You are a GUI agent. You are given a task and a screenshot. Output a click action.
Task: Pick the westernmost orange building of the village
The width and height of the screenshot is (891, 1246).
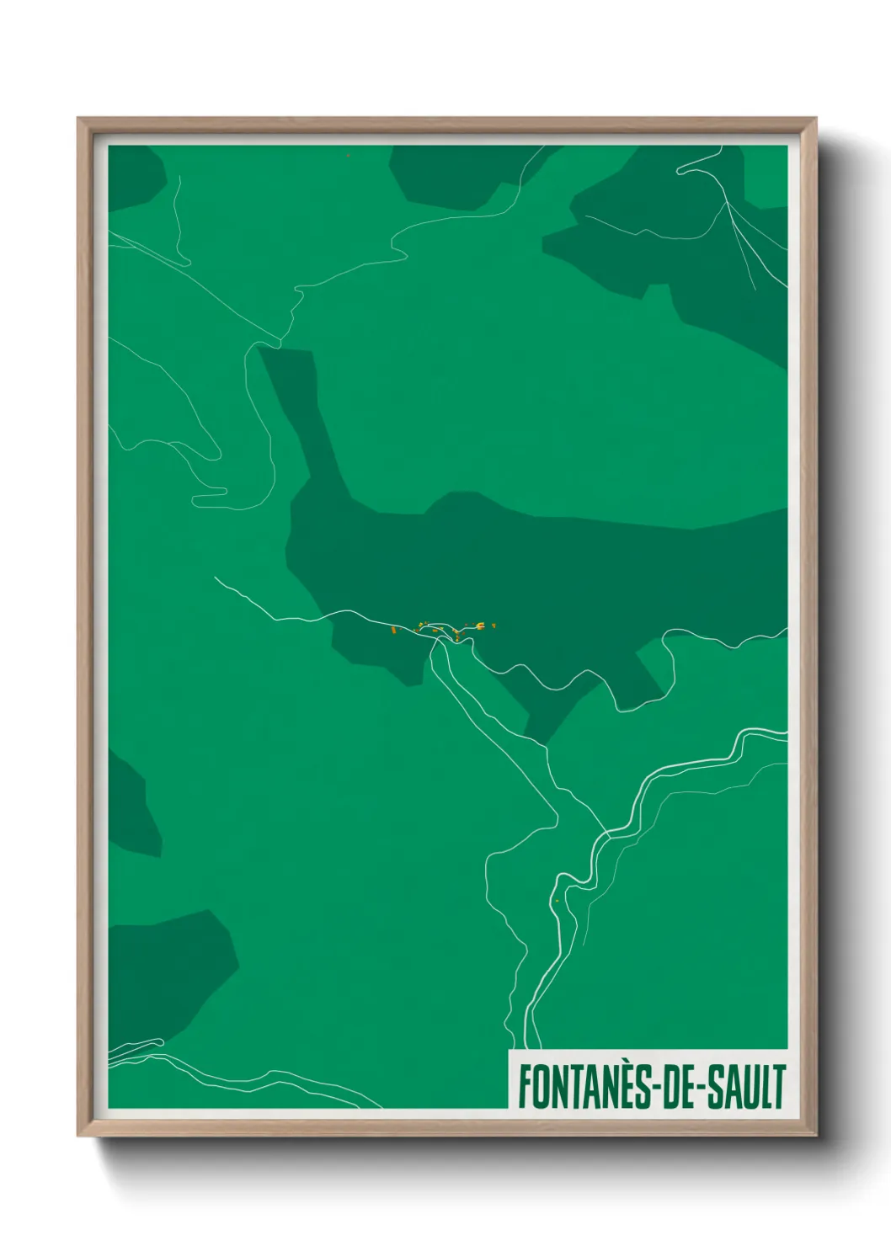(393, 628)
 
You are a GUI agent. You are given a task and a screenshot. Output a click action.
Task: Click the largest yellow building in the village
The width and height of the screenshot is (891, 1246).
(479, 625)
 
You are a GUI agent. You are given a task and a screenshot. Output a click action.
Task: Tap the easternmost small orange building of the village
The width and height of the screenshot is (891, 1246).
(494, 626)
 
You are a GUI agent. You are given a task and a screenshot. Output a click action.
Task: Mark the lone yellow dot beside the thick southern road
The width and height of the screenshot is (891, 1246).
(557, 901)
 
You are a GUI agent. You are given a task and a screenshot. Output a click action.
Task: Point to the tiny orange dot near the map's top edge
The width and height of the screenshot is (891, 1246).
(348, 155)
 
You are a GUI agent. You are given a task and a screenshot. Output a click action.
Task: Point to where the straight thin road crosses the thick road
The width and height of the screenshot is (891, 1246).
(604, 833)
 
